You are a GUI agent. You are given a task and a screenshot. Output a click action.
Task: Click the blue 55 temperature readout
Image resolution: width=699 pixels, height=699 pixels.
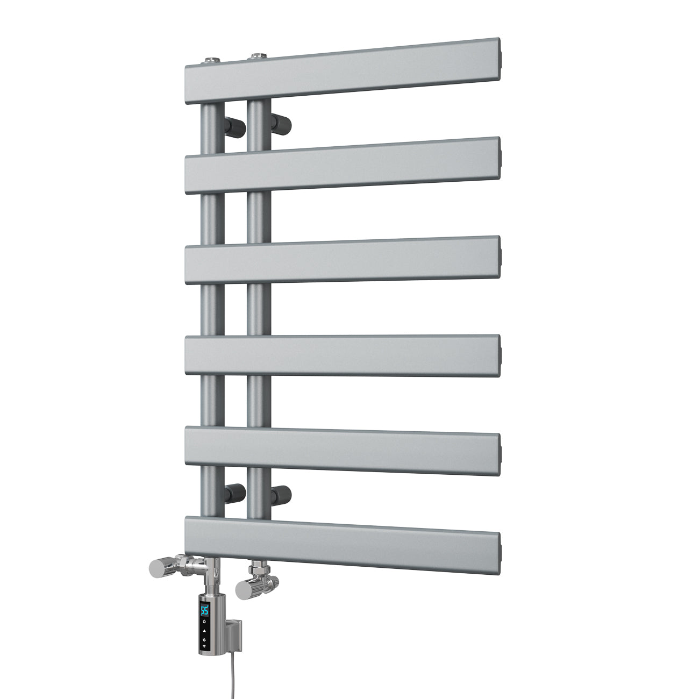click(204, 610)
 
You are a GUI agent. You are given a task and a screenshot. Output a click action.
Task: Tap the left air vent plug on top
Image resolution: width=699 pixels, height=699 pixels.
click(212, 60)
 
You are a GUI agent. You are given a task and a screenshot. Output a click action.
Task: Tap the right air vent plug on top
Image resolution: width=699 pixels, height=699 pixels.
click(258, 56)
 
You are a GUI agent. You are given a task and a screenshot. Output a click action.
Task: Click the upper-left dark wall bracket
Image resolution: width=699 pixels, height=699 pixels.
click(234, 127)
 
